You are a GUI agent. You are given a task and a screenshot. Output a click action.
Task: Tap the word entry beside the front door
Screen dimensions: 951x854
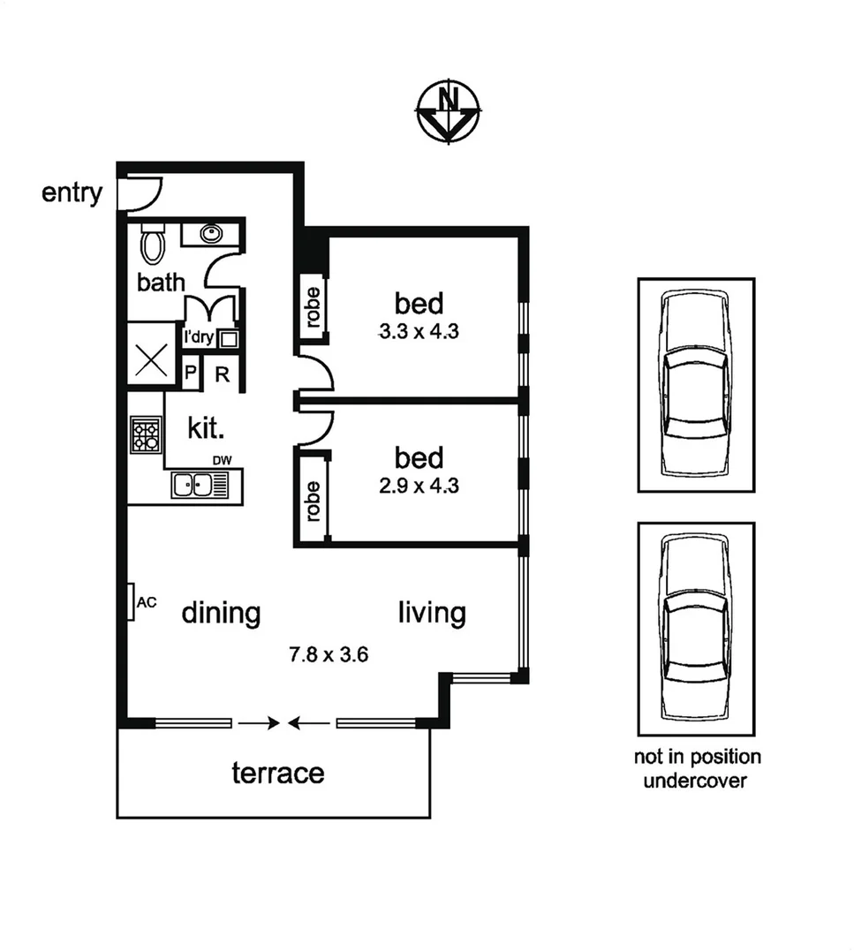[72, 192]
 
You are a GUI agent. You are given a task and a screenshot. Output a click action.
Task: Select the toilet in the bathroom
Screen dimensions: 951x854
[153, 244]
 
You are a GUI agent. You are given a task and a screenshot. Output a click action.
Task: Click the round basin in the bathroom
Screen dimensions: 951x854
[211, 234]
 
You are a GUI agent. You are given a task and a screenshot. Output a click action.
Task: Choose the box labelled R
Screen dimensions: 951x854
[223, 374]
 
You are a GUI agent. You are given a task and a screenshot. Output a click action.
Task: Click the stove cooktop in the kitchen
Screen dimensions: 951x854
[146, 434]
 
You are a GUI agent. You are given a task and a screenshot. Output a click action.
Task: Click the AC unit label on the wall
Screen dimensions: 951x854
[147, 602]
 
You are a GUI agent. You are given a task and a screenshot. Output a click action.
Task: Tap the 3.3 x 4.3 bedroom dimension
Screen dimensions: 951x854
[419, 333]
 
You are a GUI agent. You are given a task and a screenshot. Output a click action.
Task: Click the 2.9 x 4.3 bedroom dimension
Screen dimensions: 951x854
[419, 485]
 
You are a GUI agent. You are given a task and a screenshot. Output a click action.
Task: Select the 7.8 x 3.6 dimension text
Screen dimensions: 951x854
[328, 655]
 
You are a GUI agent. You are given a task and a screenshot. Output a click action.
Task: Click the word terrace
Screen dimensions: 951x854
[277, 774]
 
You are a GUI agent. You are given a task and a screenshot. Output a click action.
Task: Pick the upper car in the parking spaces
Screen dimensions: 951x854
[696, 384]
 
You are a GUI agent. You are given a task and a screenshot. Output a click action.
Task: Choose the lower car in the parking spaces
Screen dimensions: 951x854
[696, 629]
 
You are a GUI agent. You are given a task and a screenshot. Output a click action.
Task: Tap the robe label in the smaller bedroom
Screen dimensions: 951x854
[312, 499]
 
